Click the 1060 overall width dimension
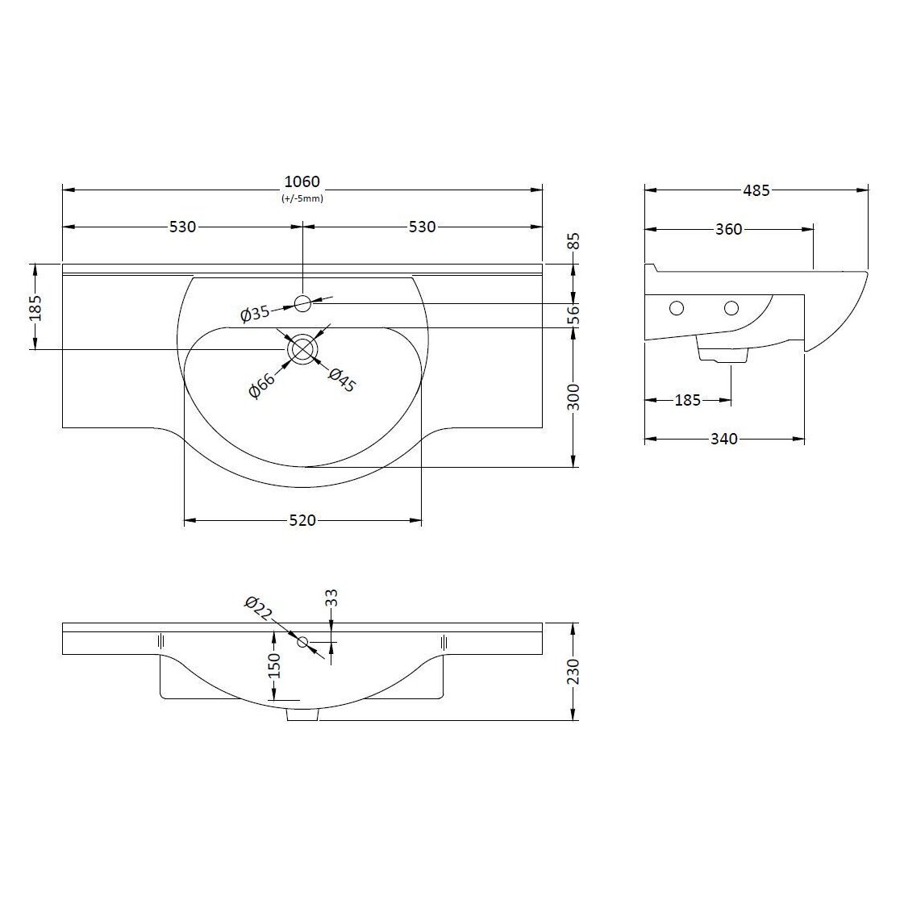click(302, 181)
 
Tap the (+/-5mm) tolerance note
click(302, 198)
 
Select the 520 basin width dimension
click(302, 521)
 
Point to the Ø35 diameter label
click(255, 315)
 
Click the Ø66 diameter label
click(262, 385)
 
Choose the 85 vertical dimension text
click(573, 241)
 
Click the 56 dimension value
click(573, 315)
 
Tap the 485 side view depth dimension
click(756, 191)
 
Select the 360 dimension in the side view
click(728, 230)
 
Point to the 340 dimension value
click(723, 440)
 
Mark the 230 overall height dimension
click(573, 671)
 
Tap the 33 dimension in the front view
click(331, 598)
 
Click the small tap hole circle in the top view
click(302, 303)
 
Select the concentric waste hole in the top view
click(302, 349)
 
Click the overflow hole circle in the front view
click(303, 642)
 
